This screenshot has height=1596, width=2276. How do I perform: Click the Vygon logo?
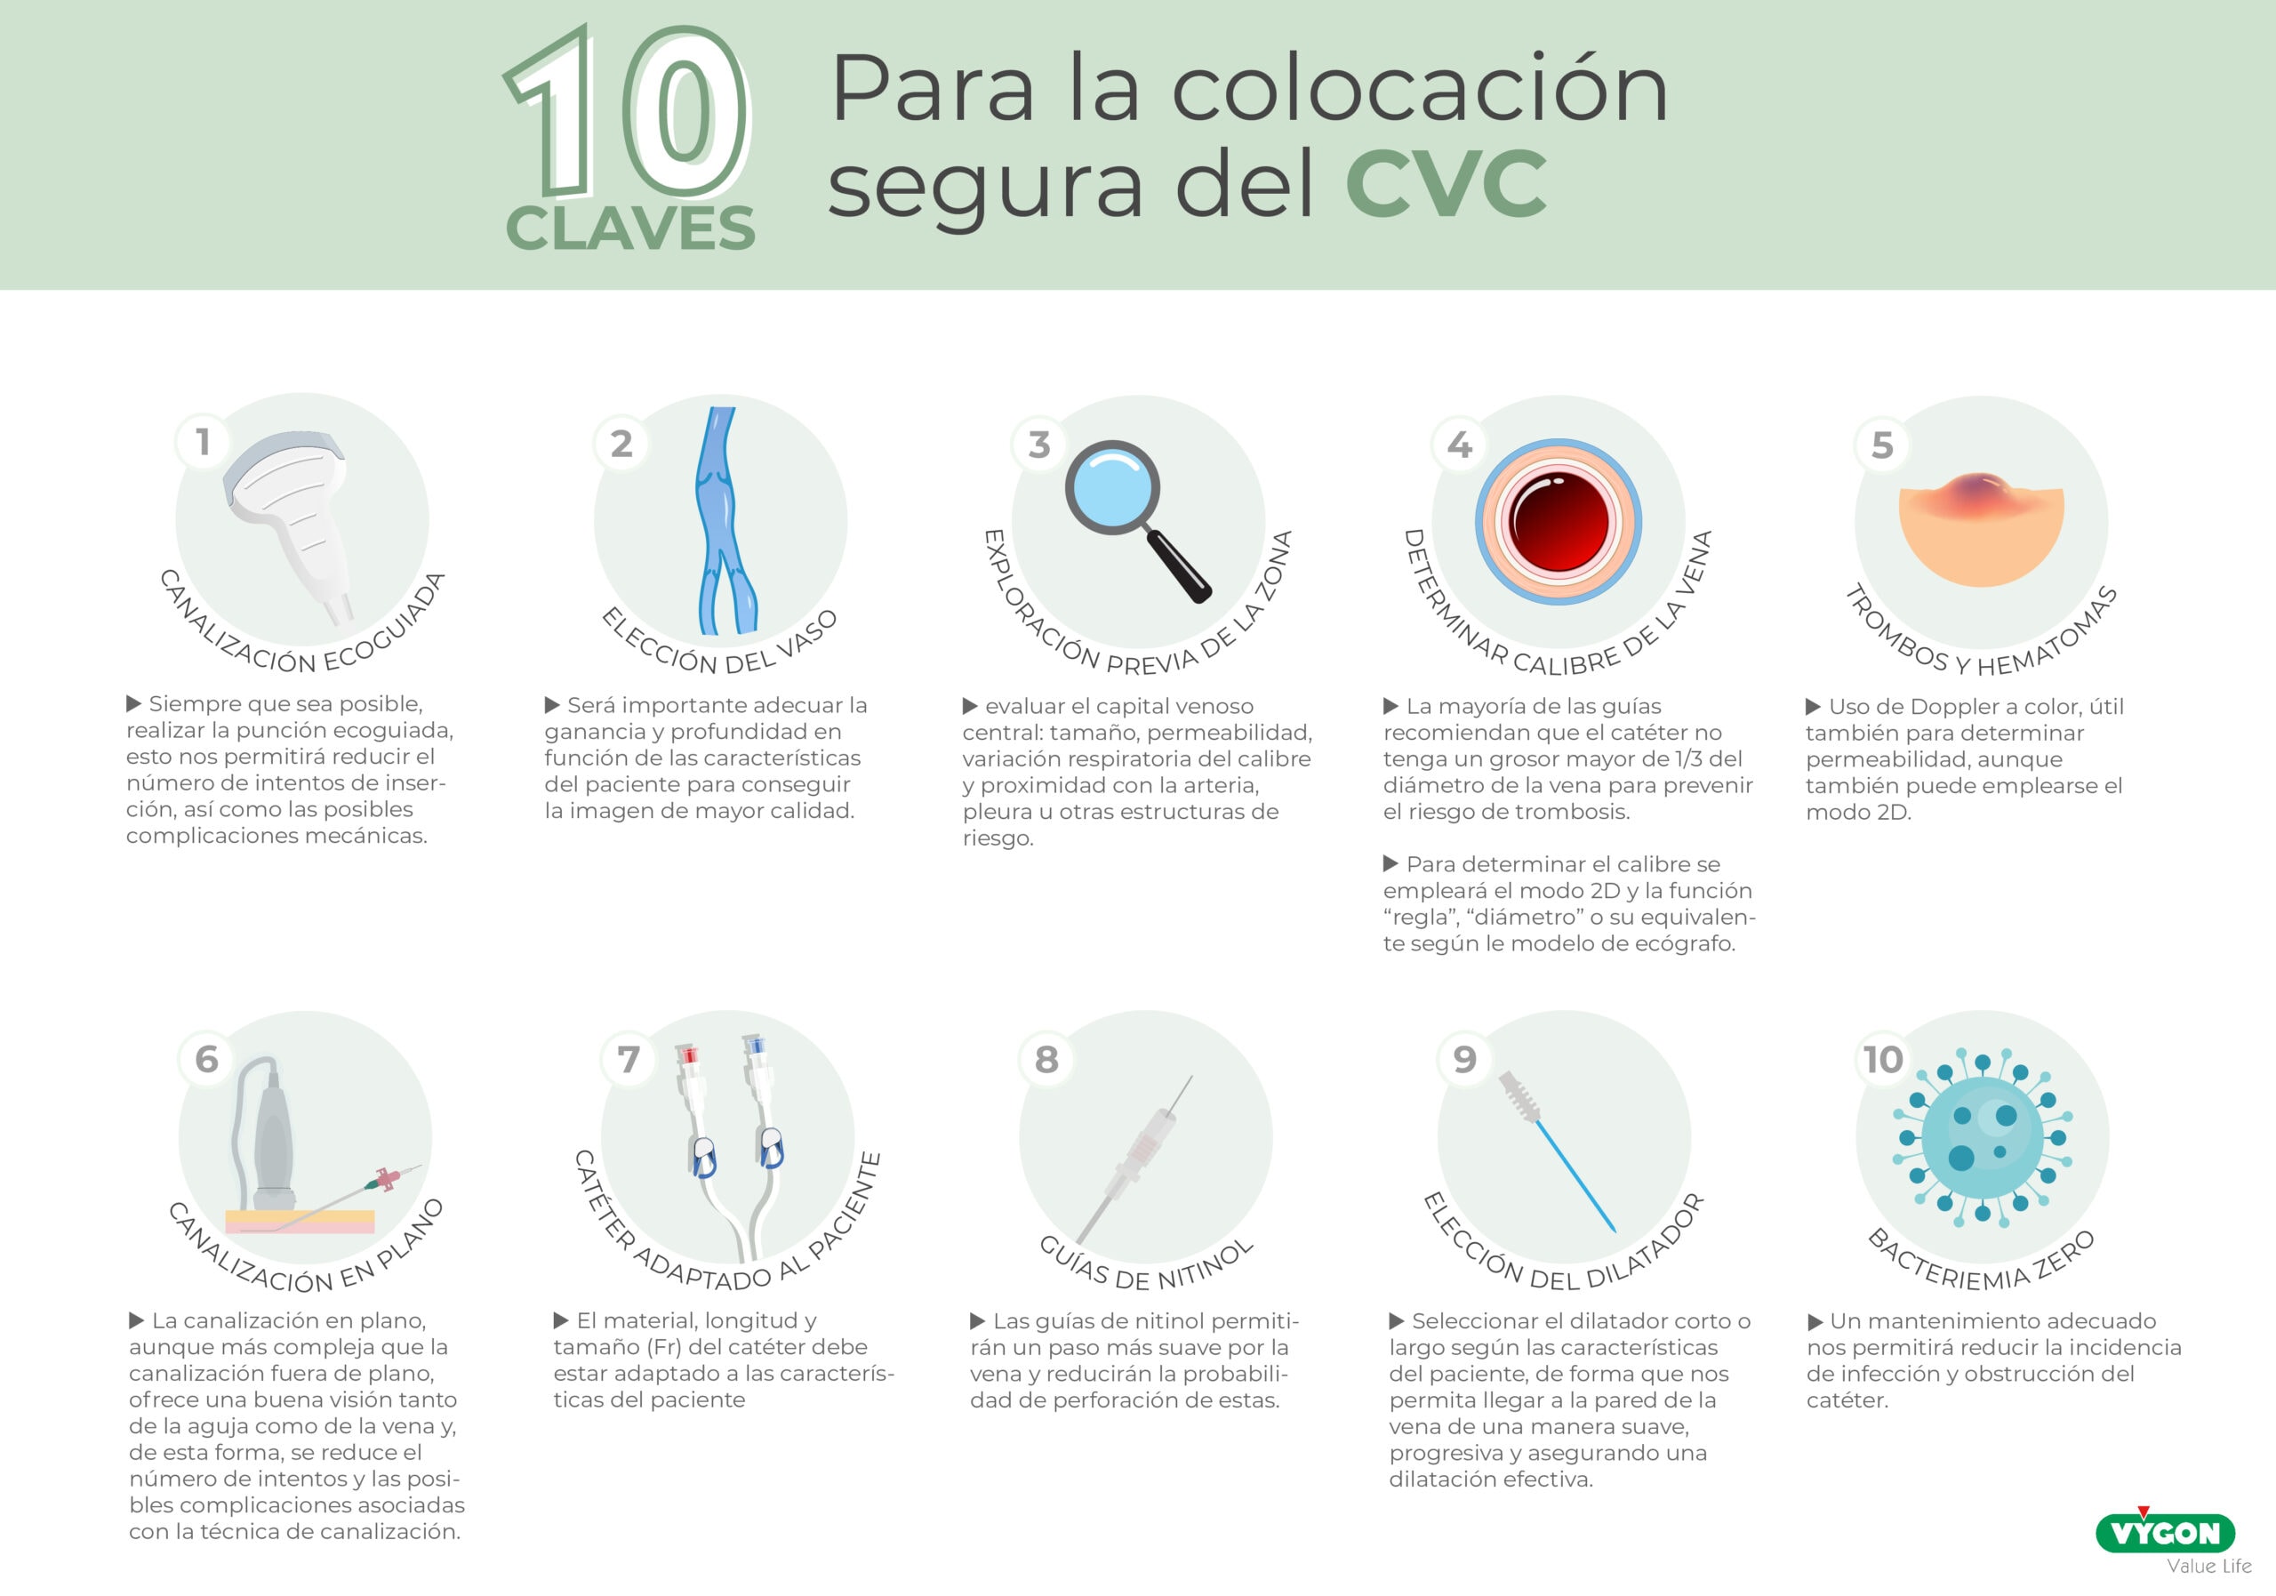2164,1534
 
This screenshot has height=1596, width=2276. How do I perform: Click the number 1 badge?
204,442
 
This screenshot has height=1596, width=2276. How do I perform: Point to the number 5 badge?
1881,445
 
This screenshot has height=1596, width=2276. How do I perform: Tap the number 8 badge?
1046,1060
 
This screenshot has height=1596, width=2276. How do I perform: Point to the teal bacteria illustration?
1983,1137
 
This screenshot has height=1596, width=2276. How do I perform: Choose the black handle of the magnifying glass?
1180,567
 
